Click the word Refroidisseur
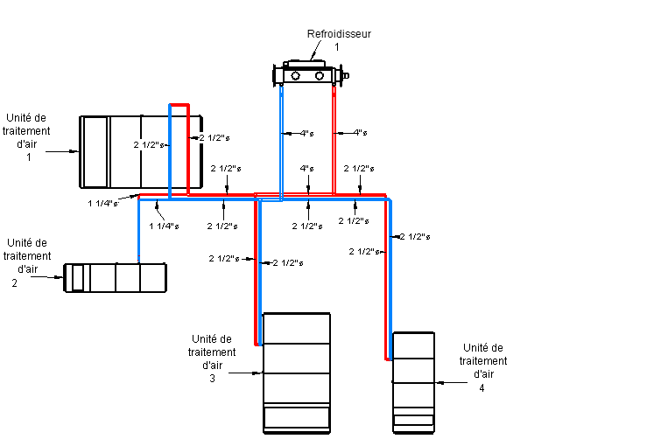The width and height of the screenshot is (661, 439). [x=339, y=34]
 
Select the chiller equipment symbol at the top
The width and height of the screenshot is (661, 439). [x=311, y=75]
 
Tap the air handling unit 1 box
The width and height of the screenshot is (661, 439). [x=140, y=151]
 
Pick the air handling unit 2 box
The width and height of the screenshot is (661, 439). [x=116, y=277]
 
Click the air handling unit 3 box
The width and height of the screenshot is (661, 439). [x=297, y=372]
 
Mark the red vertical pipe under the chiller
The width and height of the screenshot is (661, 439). [x=334, y=140]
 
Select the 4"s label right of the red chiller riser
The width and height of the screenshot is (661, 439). [x=360, y=133]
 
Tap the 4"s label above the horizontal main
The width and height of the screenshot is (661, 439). [x=306, y=168]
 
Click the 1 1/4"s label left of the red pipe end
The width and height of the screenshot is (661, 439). [x=103, y=204]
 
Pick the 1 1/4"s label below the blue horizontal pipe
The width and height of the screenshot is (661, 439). [x=164, y=226]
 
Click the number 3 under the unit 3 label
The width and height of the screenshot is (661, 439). [x=212, y=379]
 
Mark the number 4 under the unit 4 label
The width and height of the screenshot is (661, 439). [x=482, y=387]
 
